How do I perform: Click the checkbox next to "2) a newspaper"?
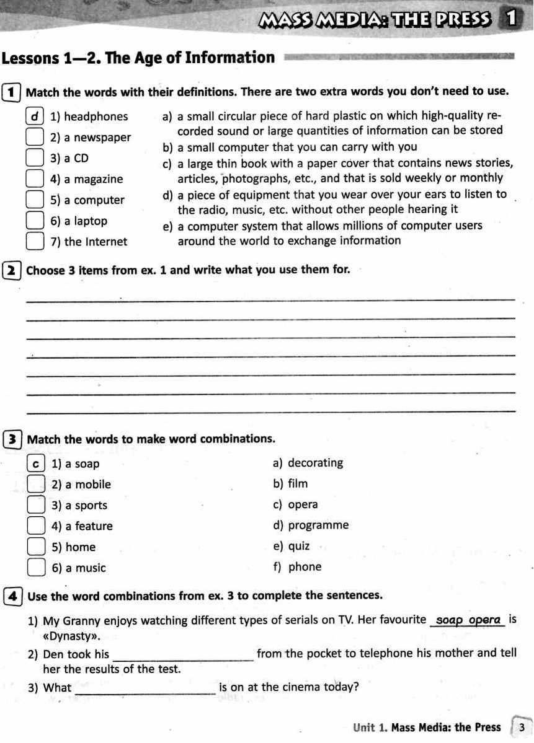click(35, 137)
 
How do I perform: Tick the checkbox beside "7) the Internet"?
click(35, 241)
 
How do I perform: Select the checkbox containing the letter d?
click(35, 116)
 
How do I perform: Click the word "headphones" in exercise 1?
click(96, 117)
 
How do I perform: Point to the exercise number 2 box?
click(12, 270)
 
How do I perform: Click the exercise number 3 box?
click(12, 439)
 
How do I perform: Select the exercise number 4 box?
click(12, 596)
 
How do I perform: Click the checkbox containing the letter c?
click(37, 464)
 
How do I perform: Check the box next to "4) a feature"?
click(37, 526)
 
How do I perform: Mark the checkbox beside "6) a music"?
click(37, 568)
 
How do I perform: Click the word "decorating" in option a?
click(315, 463)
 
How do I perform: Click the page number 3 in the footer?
click(522, 728)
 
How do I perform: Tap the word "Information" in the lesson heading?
click(233, 58)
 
